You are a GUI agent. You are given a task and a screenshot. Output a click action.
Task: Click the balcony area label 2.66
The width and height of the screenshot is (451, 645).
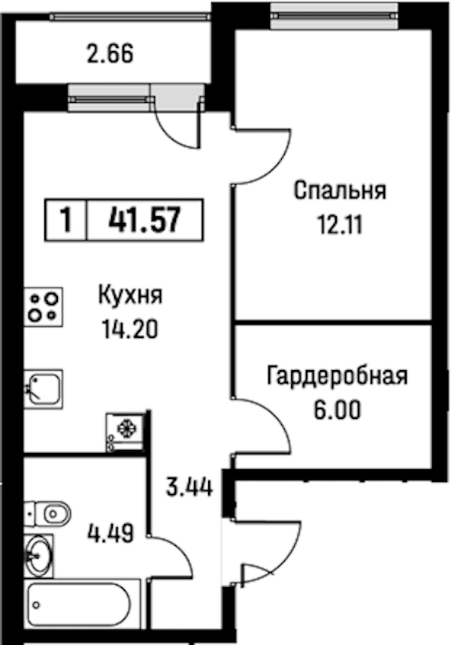pos(110,54)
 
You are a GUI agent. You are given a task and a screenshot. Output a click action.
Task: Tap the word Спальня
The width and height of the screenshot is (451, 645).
pos(340,191)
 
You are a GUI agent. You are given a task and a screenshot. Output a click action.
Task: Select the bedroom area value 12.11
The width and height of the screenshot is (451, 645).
pos(340,225)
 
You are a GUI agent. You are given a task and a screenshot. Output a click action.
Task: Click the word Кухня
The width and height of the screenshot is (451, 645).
pos(131,295)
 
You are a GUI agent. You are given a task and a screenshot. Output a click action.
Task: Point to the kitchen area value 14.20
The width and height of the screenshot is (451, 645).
pos(130,330)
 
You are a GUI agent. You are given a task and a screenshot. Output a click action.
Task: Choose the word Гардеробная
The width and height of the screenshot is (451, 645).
pos(337,375)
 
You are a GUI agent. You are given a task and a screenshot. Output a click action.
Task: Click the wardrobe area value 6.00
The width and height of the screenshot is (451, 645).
pos(337,410)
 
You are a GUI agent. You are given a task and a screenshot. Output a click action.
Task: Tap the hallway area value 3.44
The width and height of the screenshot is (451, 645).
pos(189,487)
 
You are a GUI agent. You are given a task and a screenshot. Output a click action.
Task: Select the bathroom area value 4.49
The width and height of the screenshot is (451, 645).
pos(110,534)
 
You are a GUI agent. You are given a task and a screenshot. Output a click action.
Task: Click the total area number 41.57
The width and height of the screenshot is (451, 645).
pos(145,220)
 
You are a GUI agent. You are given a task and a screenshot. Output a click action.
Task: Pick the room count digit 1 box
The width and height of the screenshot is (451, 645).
pos(66,220)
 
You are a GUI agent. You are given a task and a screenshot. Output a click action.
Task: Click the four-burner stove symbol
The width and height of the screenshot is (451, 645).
pos(44,307)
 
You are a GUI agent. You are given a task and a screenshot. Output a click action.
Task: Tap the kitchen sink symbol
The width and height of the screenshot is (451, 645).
pos(44,389)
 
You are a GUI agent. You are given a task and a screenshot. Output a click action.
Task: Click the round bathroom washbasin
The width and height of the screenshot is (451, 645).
pos(39,556)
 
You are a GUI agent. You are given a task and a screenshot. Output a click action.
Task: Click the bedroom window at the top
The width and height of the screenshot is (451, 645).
pos(334,16)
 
